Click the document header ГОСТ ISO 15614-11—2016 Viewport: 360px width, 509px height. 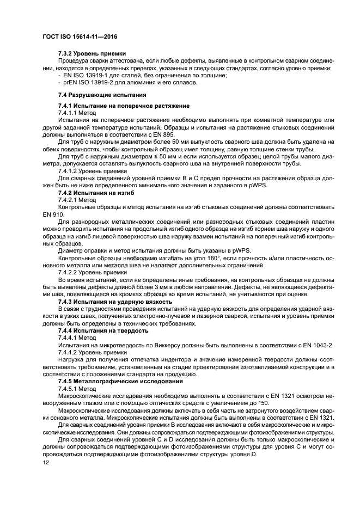click(80, 36)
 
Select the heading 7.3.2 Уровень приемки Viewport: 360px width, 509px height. click(92, 53)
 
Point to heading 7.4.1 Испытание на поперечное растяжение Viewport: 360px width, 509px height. click(124, 105)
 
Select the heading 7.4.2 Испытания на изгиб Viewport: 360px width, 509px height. click(96, 193)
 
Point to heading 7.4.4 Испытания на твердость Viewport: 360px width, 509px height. click(103, 330)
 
